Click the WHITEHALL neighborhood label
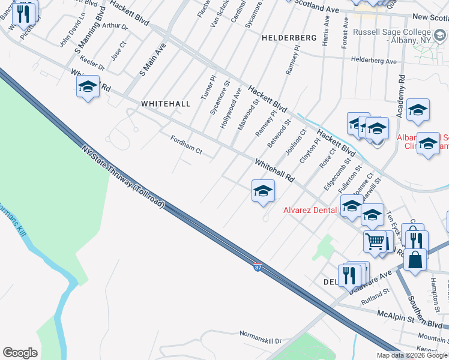(166, 104)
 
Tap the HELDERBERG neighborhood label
(289, 38)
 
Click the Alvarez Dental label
(311, 210)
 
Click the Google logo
(20, 353)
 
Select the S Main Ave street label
(151, 59)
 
